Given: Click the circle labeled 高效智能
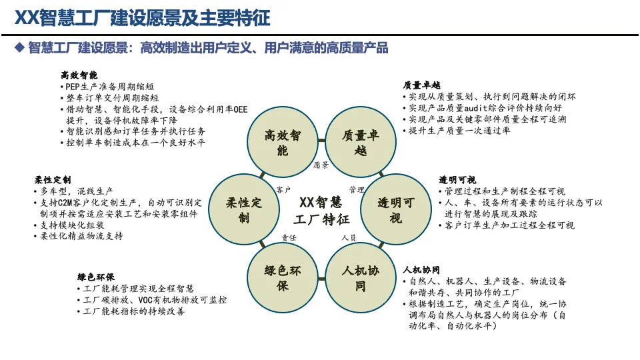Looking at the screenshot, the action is tap(283, 142).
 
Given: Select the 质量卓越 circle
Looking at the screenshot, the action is tap(361, 142).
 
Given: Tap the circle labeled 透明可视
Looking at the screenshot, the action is tap(395, 209).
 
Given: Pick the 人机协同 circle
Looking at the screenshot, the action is tap(361, 278).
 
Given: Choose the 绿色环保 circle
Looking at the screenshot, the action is tap(283, 278).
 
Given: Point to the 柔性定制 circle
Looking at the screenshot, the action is tap(244, 210).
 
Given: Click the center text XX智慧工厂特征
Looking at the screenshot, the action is tap(321, 211).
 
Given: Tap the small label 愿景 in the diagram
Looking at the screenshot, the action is tap(321, 165).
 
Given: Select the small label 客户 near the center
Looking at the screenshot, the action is tap(283, 190).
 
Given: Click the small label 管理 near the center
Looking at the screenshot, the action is tap(357, 190).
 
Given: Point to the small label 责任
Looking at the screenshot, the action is tap(289, 237).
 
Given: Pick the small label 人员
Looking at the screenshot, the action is tap(349, 237).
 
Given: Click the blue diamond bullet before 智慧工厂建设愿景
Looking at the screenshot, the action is tap(19, 48).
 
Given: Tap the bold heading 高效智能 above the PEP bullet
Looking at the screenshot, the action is tap(79, 75).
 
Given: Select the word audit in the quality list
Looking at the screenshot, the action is tap(476, 108).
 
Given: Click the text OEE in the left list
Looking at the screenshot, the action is tap(241, 109).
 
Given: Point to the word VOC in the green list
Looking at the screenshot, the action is tap(146, 300).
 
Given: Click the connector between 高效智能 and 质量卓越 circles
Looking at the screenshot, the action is tap(321, 141).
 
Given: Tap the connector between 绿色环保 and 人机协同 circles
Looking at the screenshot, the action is tap(321, 279).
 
